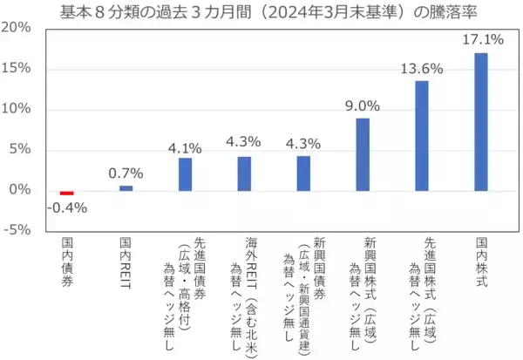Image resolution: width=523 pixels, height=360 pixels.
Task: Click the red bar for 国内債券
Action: (x=67, y=193)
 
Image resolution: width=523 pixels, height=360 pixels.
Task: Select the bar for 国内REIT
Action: (x=126, y=187)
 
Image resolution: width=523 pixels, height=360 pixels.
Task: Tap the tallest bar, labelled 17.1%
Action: (x=481, y=121)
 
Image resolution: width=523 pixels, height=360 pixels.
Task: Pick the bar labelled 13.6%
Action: (x=422, y=135)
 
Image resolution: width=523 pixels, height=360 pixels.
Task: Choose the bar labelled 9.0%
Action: (x=363, y=153)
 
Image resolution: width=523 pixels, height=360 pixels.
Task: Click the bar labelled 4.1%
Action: (x=186, y=173)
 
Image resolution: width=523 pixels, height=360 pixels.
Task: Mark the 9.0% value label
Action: (x=363, y=105)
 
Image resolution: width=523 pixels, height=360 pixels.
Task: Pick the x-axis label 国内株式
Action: (x=481, y=262)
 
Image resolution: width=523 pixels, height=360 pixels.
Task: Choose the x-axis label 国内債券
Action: (x=67, y=262)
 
